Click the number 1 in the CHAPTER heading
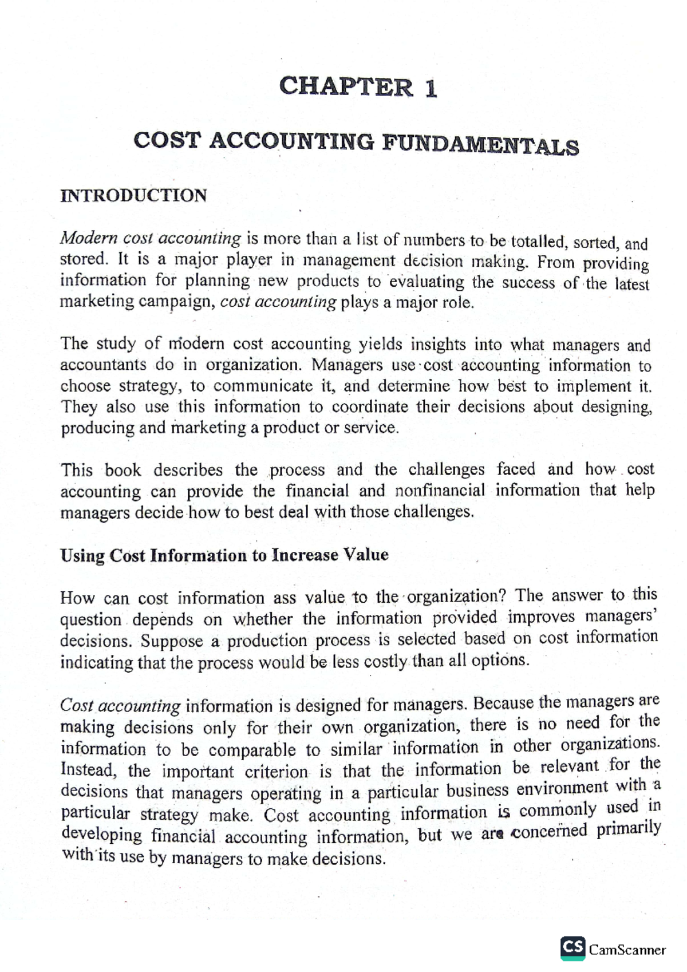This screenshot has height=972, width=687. click(431, 89)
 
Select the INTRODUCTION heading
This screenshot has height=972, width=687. click(133, 196)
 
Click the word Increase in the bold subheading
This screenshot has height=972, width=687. click(305, 555)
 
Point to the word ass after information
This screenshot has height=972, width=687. click(284, 598)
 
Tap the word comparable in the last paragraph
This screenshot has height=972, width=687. click(252, 750)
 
